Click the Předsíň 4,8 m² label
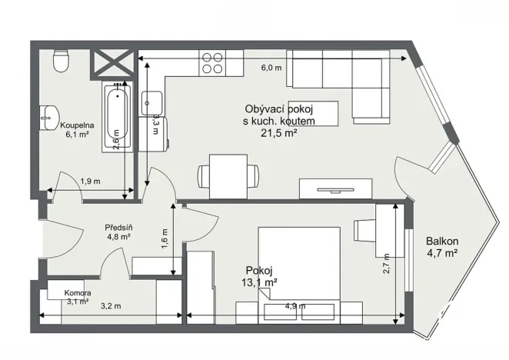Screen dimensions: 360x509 click(x=118, y=232)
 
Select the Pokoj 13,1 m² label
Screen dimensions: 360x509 click(x=260, y=275)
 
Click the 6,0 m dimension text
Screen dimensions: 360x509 click(x=271, y=68)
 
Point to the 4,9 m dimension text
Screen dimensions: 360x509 click(x=295, y=306)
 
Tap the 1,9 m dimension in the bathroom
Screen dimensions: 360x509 click(x=91, y=182)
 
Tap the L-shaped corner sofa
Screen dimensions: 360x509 click(x=338, y=81)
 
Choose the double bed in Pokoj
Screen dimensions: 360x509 click(x=298, y=265)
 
